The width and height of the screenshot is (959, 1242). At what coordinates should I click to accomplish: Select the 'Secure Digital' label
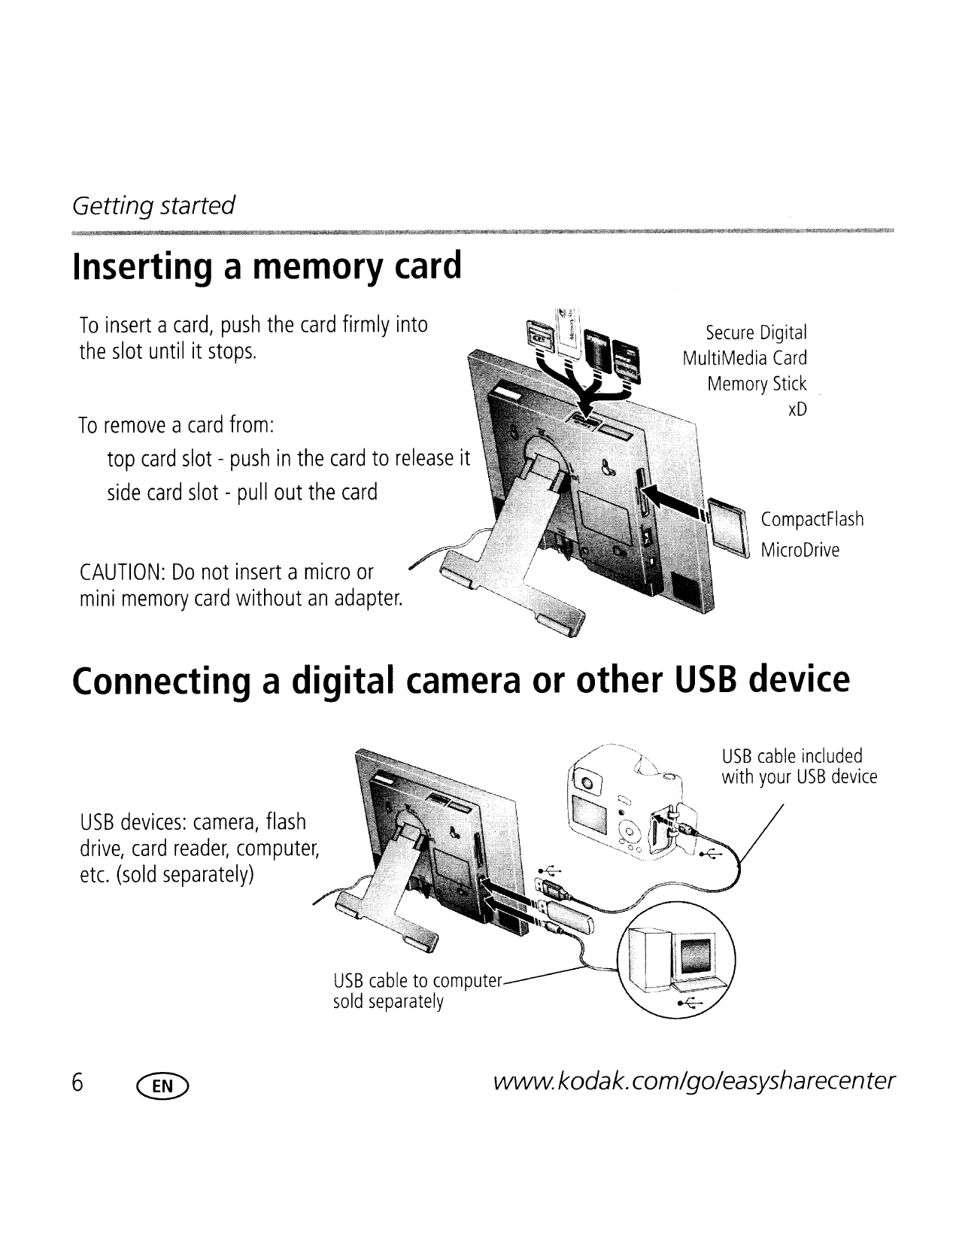click(756, 332)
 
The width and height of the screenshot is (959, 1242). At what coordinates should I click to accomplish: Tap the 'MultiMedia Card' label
click(744, 358)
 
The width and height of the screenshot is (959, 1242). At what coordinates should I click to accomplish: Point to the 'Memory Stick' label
click(756, 384)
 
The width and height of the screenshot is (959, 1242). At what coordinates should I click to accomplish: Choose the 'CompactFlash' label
click(812, 520)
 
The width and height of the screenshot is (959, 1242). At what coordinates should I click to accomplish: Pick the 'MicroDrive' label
click(800, 550)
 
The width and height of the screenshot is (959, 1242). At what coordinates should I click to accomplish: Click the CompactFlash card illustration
click(730, 527)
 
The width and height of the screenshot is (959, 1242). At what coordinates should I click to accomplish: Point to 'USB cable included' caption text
click(791, 755)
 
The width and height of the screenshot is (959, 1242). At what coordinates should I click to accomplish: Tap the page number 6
click(77, 1083)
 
